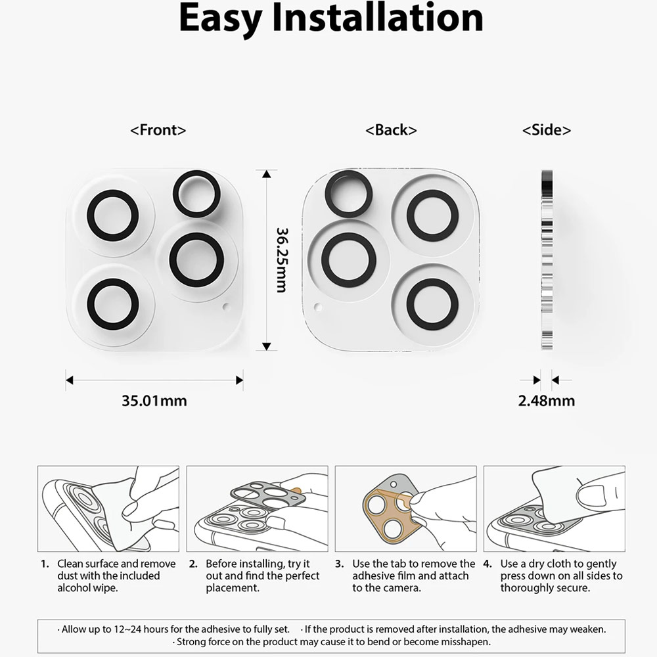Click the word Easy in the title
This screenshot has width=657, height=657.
(x=220, y=19)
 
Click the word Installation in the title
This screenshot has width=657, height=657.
(x=378, y=17)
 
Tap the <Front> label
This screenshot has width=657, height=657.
(x=158, y=130)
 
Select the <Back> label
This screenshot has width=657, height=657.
(x=391, y=130)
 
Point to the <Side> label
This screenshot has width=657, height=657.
(x=547, y=130)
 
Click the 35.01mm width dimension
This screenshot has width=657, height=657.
(x=154, y=401)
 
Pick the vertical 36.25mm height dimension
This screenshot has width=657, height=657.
(x=282, y=260)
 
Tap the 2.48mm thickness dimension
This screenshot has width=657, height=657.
(x=547, y=401)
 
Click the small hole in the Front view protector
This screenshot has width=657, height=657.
(x=227, y=307)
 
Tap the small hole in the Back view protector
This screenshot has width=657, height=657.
(x=318, y=307)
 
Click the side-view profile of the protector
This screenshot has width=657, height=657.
(x=547, y=260)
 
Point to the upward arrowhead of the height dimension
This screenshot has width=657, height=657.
(x=267, y=173)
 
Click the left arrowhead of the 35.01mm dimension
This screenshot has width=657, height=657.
(x=70, y=380)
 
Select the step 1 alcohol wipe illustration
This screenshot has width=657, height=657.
(x=108, y=509)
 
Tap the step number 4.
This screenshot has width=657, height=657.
(x=487, y=564)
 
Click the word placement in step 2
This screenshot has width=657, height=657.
(x=233, y=588)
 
